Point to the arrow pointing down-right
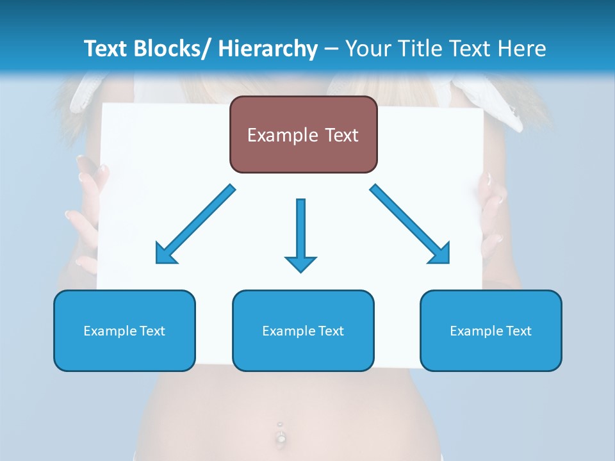click(410, 224)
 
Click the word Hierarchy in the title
click(268, 49)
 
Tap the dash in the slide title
click(331, 49)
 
